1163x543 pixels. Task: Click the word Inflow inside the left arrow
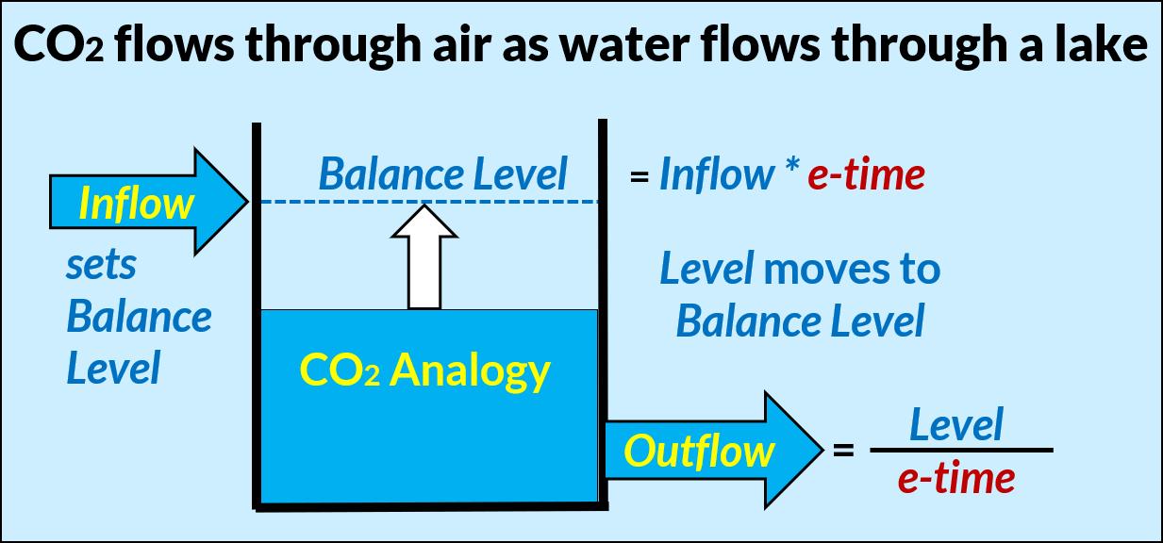click(137, 203)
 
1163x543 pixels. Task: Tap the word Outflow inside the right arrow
click(699, 452)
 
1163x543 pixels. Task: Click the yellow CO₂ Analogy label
click(424, 370)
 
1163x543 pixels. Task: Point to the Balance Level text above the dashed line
click(443, 174)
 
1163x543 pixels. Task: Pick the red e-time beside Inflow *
click(866, 174)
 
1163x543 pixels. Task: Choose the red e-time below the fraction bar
click(956, 479)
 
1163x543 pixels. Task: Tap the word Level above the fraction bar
click(955, 425)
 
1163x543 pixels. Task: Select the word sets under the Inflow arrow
click(101, 266)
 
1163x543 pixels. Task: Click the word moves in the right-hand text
click(819, 271)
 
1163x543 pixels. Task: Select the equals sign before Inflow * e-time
click(640, 176)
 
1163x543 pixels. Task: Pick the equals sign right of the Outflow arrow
click(843, 452)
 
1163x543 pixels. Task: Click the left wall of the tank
click(257, 311)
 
